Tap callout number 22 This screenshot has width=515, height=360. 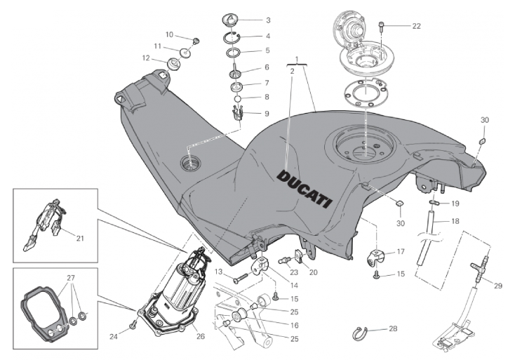click(416, 27)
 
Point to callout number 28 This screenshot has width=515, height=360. click(393, 328)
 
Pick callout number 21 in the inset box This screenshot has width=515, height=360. click(79, 238)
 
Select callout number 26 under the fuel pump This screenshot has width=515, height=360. click(201, 336)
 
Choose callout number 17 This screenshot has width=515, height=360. click(401, 251)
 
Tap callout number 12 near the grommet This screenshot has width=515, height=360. click(145, 58)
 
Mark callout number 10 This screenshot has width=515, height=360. click(169, 34)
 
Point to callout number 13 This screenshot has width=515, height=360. click(218, 271)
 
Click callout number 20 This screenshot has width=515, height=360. click(313, 272)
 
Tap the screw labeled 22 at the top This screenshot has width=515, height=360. click(381, 27)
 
